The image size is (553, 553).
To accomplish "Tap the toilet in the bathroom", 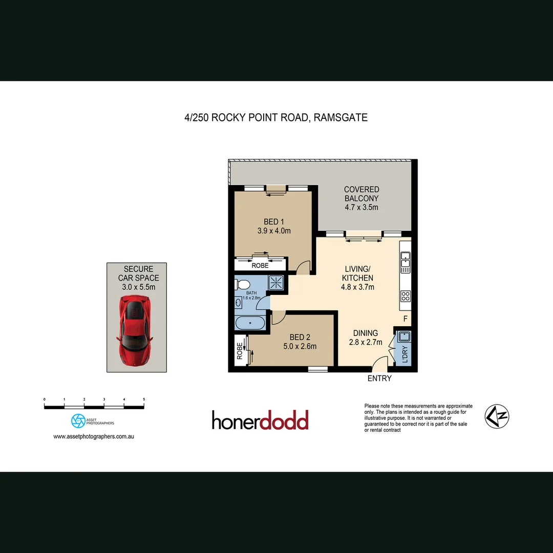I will tap(243, 284).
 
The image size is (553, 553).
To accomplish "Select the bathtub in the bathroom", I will tap(250, 323).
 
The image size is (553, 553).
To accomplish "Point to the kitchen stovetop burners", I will tap(406, 295).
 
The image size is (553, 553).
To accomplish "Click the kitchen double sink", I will tap(405, 262).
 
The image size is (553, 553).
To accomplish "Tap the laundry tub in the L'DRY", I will tap(403, 336).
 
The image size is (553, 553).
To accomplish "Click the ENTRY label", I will tap(379, 378).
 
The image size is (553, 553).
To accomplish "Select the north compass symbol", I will tap(497, 416).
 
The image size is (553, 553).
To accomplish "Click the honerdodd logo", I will tap(260, 420).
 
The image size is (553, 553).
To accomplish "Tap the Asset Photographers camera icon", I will tap(78, 421).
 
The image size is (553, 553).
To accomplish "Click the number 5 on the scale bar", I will tap(144, 399).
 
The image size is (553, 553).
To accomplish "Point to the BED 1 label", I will tap(274, 222).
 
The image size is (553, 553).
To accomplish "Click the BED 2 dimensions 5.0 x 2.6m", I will tap(300, 346).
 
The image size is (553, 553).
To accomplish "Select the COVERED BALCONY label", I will tap(361, 194).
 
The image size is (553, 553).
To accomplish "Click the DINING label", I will tap(366, 333).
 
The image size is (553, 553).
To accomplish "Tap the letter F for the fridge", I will tap(405, 319).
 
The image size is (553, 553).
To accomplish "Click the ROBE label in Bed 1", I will tap(260, 266).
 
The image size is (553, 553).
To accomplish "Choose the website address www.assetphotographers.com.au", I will tap(94, 437).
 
